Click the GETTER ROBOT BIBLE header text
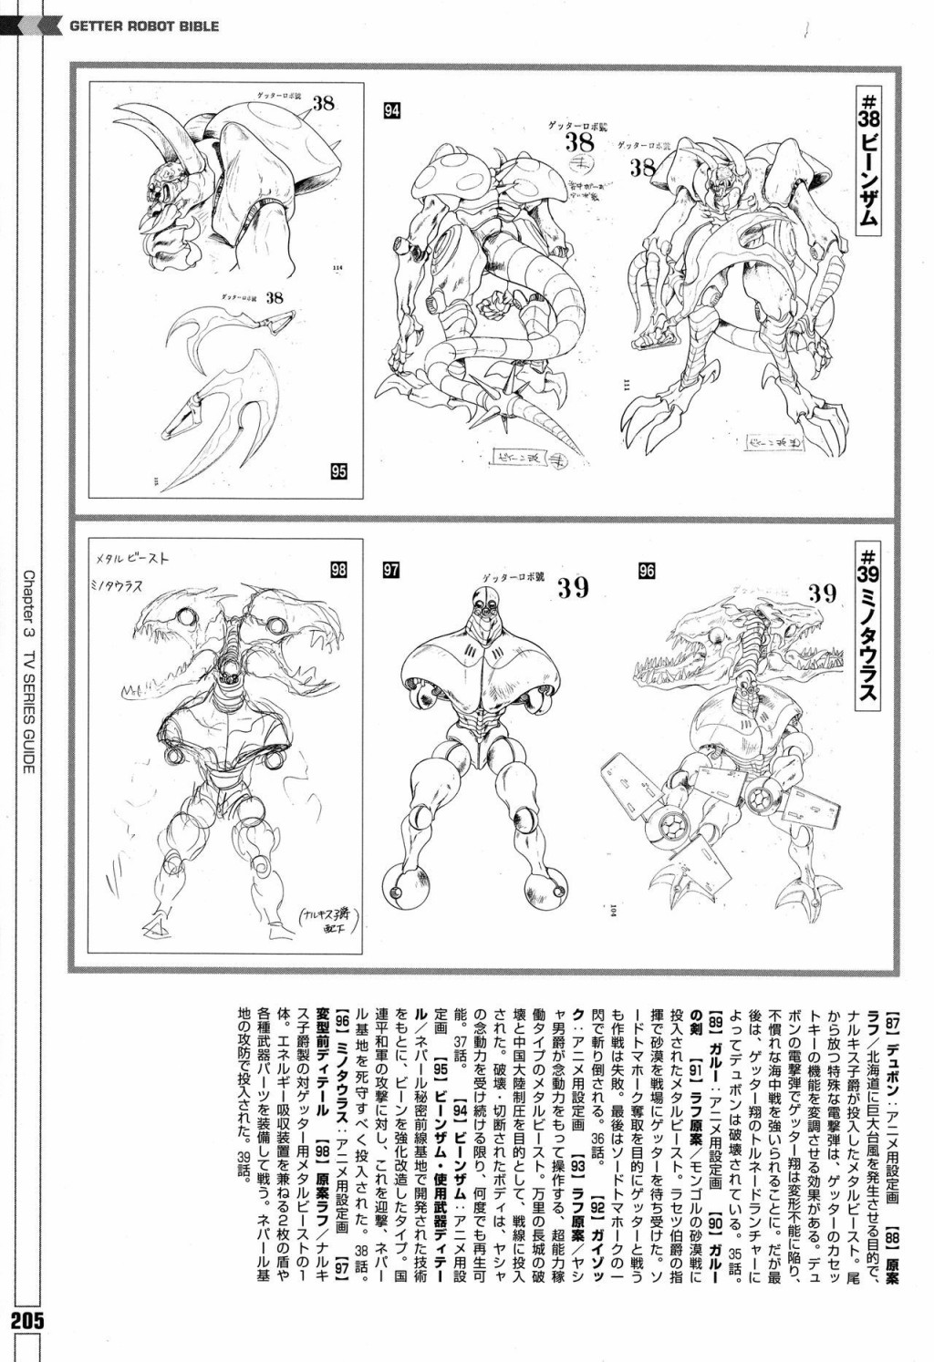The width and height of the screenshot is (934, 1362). [x=144, y=26]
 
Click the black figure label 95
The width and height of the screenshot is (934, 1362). [x=338, y=471]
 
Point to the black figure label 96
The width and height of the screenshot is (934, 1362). [x=647, y=571]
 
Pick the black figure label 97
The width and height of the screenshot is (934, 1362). [x=392, y=571]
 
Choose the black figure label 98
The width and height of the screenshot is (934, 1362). [x=338, y=571]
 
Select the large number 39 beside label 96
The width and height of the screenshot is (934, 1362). [x=822, y=593]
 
